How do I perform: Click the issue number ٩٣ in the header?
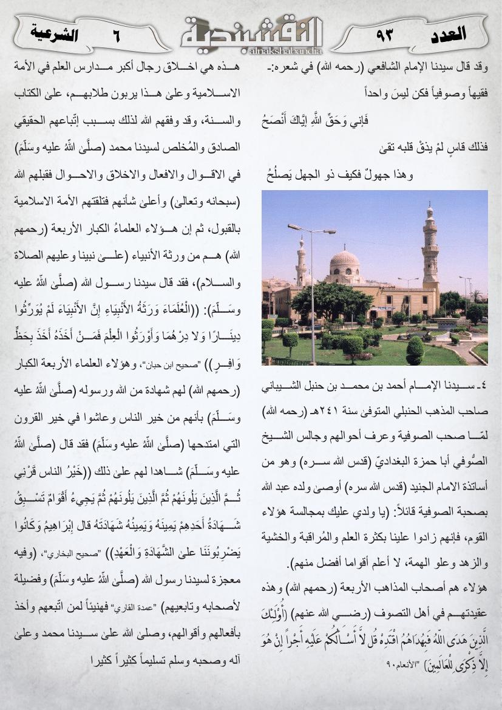[385, 35]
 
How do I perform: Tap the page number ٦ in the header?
[116, 36]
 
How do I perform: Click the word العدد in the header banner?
[447, 33]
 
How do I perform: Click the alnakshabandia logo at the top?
[251, 33]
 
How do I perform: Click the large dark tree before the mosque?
[322, 301]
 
